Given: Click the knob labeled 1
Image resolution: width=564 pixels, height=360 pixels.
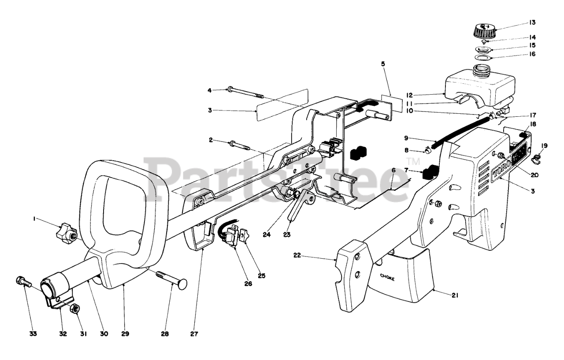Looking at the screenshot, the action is coord(66,232).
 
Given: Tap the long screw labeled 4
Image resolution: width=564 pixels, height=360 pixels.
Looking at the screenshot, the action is coord(245,93).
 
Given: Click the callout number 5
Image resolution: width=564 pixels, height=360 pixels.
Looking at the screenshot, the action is coord(383,64).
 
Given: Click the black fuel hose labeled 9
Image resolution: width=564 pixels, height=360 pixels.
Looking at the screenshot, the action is coord(458,130).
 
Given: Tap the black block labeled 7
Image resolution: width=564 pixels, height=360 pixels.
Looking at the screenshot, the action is coord(430,172).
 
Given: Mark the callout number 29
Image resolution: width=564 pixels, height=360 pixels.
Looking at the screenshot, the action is coord(125,334).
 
